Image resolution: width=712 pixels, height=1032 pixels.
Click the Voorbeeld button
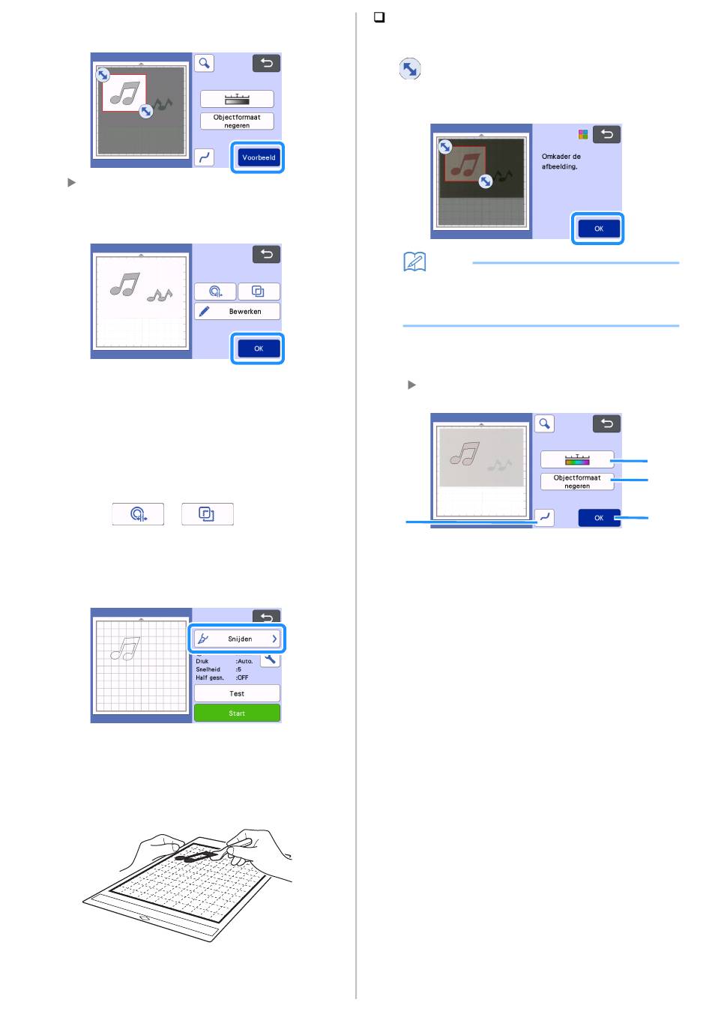click(x=259, y=157)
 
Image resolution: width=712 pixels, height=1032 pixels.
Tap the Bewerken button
click(x=237, y=312)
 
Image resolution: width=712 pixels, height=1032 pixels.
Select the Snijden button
click(x=237, y=639)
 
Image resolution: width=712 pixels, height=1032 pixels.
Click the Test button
click(x=237, y=693)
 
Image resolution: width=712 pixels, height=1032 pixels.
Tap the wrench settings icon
click(x=270, y=660)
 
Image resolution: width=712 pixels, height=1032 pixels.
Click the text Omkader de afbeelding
click(x=561, y=161)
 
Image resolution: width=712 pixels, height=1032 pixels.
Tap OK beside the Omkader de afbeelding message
click(x=598, y=229)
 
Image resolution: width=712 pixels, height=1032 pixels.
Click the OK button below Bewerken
click(x=259, y=348)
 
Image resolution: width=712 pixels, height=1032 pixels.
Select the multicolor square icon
click(x=583, y=134)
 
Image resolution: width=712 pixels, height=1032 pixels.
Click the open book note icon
click(x=414, y=262)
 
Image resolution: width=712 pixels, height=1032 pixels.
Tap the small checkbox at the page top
click(x=378, y=17)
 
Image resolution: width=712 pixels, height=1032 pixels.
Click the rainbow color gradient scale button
click(x=577, y=459)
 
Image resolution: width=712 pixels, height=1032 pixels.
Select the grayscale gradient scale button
click(x=237, y=99)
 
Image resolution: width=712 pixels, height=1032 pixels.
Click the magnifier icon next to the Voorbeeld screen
click(x=204, y=63)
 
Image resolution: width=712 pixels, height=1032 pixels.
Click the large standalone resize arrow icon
click(x=410, y=69)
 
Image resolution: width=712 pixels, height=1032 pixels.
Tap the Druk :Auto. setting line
click(x=224, y=661)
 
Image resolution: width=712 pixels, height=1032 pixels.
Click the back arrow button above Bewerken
click(x=266, y=254)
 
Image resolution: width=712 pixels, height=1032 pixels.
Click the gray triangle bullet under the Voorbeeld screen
click(x=71, y=182)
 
